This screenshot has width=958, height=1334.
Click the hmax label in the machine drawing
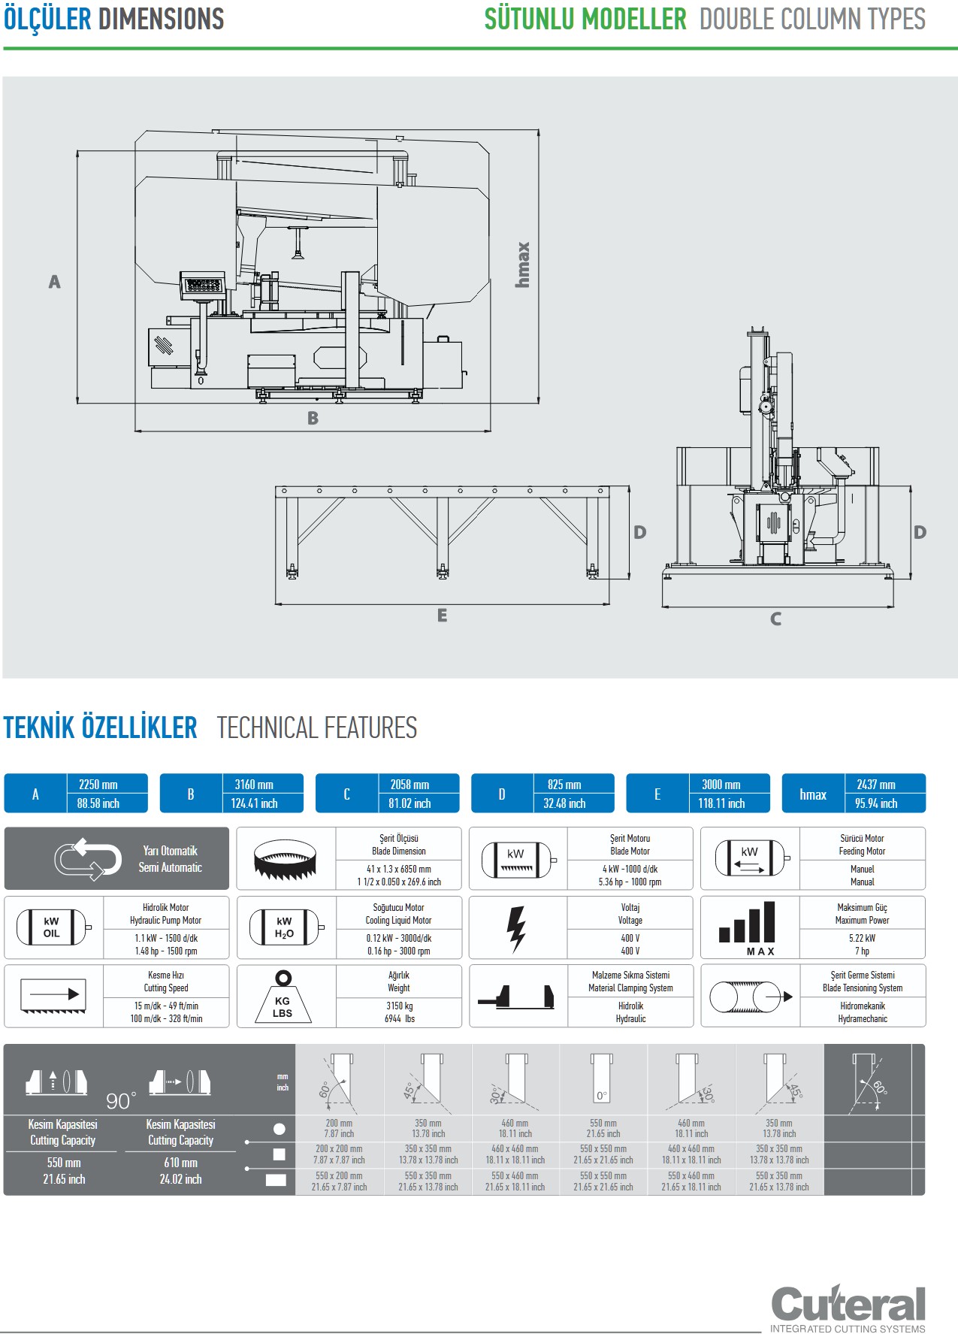[523, 265]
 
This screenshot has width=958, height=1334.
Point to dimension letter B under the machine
[313, 419]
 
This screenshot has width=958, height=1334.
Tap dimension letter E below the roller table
[442, 616]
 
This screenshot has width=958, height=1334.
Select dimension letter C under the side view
[775, 619]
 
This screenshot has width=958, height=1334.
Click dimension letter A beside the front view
[54, 282]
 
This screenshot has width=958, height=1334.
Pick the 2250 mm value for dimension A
[98, 785]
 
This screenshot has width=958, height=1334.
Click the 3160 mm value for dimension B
[254, 785]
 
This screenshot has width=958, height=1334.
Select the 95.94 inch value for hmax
[876, 803]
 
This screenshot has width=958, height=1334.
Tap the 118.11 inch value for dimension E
[721, 803]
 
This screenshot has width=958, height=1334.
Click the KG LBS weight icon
[283, 997]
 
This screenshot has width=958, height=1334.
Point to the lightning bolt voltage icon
[516, 928]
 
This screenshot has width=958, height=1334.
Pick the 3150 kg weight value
[399, 1006]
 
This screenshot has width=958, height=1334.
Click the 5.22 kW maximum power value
[862, 938]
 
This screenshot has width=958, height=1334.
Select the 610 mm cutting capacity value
[180, 1163]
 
